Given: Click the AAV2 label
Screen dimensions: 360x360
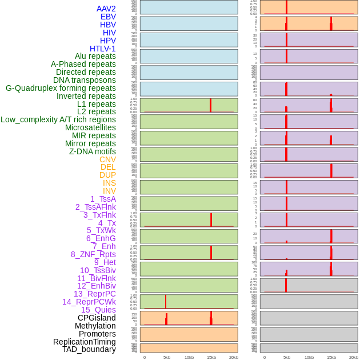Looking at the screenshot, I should coord(106,9).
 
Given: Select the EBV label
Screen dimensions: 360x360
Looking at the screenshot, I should coord(108,17).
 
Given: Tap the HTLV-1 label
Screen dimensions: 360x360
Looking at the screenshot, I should coord(102,49).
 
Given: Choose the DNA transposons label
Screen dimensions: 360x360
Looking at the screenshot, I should coord(85,80).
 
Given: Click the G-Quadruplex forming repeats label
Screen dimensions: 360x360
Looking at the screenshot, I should coord(61,88).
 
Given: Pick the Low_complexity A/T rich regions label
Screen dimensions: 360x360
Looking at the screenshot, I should coord(58,119).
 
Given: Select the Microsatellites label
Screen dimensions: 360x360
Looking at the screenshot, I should coord(90,127).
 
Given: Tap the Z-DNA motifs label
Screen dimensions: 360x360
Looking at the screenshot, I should coord(92,151).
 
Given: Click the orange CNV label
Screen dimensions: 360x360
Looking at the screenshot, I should coord(107,159).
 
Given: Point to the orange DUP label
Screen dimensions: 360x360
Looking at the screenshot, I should coord(107,175).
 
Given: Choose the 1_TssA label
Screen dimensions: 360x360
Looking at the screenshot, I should coord(103,199).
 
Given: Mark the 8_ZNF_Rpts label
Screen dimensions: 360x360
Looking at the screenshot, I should coord(93,254).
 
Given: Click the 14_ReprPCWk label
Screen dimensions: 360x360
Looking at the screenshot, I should coord(89,302).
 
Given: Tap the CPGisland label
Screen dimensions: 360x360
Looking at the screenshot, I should coord(97,318).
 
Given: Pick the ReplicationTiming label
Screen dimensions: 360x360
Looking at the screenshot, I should coord(85,342).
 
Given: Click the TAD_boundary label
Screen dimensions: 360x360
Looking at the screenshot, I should coord(89,349).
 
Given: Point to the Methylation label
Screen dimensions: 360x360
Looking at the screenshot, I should coord(95,326).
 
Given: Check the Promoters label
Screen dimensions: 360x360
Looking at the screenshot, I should coord(97,334).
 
